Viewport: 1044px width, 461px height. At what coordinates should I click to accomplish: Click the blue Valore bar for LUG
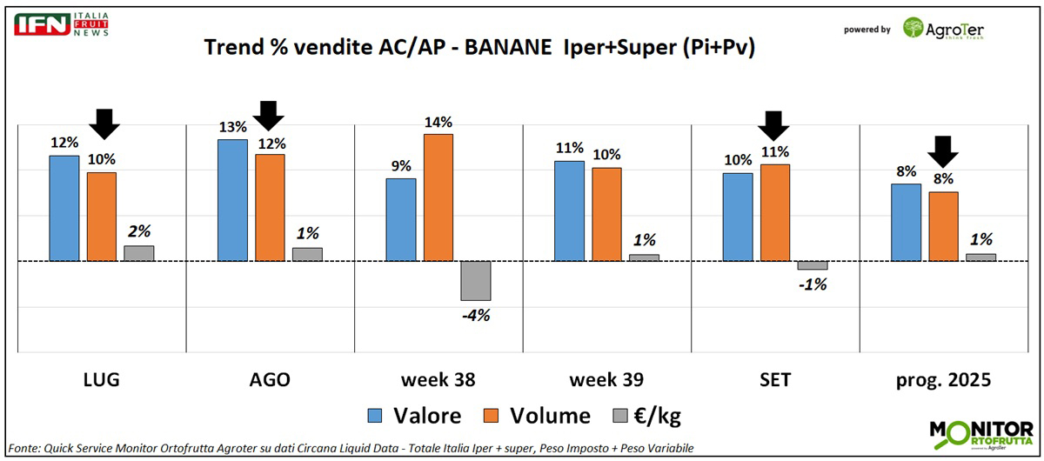point(64,208)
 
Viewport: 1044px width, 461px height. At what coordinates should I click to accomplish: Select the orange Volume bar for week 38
point(438,197)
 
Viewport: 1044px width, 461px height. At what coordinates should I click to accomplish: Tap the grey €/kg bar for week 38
point(476,280)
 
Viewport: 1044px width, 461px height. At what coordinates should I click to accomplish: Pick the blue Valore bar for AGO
point(232,200)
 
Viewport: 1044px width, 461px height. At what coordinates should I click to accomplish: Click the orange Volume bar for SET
point(775,212)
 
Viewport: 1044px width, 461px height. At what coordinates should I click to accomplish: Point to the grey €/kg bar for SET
point(813,265)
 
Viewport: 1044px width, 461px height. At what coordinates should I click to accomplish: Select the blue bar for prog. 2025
point(907,222)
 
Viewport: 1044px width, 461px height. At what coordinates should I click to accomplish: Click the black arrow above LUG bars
point(104,124)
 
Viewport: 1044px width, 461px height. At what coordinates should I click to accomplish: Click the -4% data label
point(475,316)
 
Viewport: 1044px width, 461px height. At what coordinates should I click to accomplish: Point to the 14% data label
point(438,123)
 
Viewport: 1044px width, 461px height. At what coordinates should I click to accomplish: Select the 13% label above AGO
point(232,128)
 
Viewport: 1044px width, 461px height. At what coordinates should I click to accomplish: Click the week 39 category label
point(606,380)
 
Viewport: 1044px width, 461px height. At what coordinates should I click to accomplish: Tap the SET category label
point(774,380)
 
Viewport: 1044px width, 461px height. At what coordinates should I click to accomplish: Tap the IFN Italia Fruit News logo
point(61,24)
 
